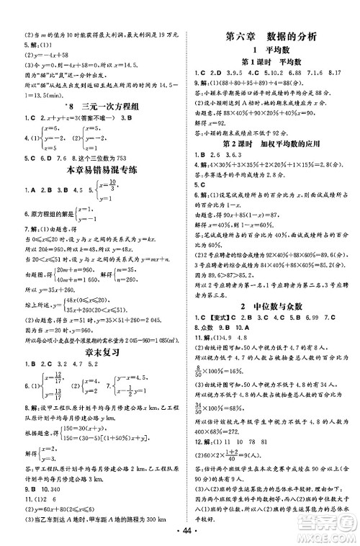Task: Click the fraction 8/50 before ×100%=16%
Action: coord(198,368)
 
